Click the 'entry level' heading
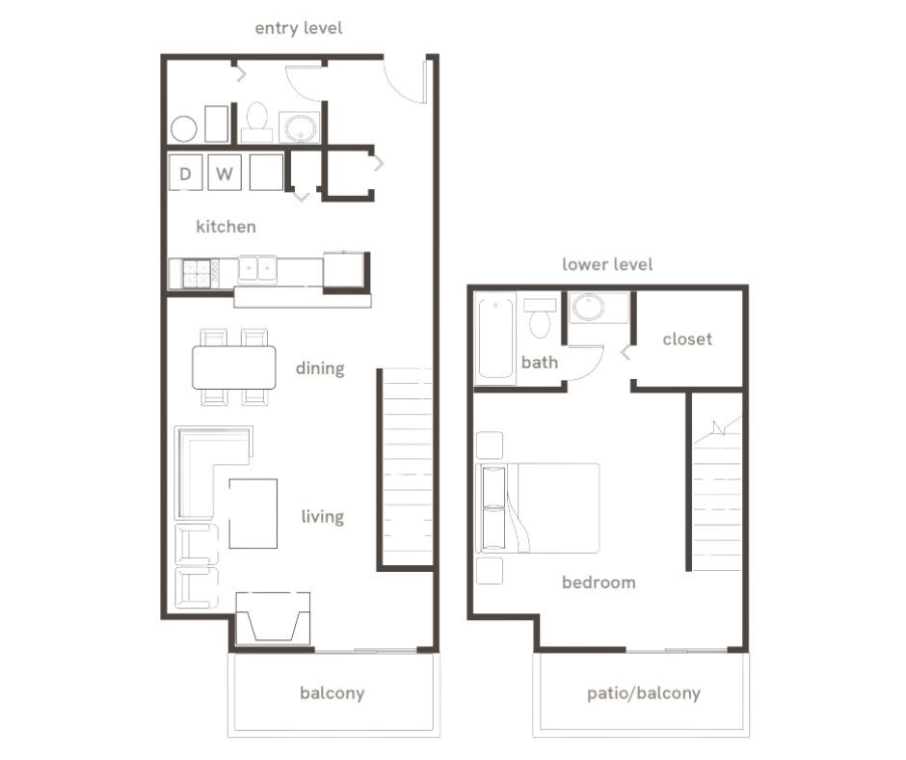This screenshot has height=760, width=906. click(298, 28)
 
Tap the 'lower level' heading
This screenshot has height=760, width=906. click(607, 264)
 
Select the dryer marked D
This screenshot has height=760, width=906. click(185, 174)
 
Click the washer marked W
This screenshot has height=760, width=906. click(224, 174)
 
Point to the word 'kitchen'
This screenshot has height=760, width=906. click(226, 227)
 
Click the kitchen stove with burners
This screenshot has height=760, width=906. click(197, 274)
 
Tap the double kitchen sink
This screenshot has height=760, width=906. click(257, 269)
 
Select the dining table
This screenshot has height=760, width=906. click(234, 366)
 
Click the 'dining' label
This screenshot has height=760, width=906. click(320, 368)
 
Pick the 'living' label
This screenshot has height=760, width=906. click(322, 517)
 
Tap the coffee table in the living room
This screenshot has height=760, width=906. click(253, 513)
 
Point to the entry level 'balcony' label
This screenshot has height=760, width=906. click(332, 692)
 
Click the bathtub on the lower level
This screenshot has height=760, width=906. click(496, 339)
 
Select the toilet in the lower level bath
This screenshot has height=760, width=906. click(540, 319)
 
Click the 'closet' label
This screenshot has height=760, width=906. click(687, 339)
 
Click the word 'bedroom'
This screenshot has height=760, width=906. click(599, 583)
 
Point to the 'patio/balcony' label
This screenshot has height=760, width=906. click(643, 692)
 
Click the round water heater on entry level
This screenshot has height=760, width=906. click(184, 129)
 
